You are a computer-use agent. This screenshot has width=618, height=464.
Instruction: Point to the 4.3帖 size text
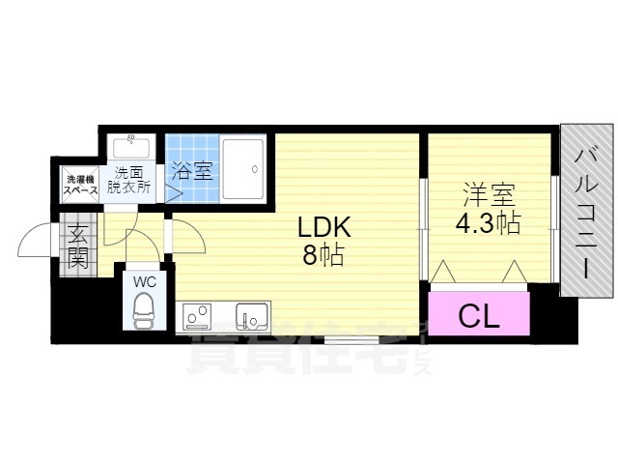pos(488,224)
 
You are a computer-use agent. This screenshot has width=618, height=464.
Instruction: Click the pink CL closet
pos(479,314)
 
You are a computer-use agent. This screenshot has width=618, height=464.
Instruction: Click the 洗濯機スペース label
pos(80,184)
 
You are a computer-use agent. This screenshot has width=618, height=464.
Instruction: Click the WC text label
pos(145,281)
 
